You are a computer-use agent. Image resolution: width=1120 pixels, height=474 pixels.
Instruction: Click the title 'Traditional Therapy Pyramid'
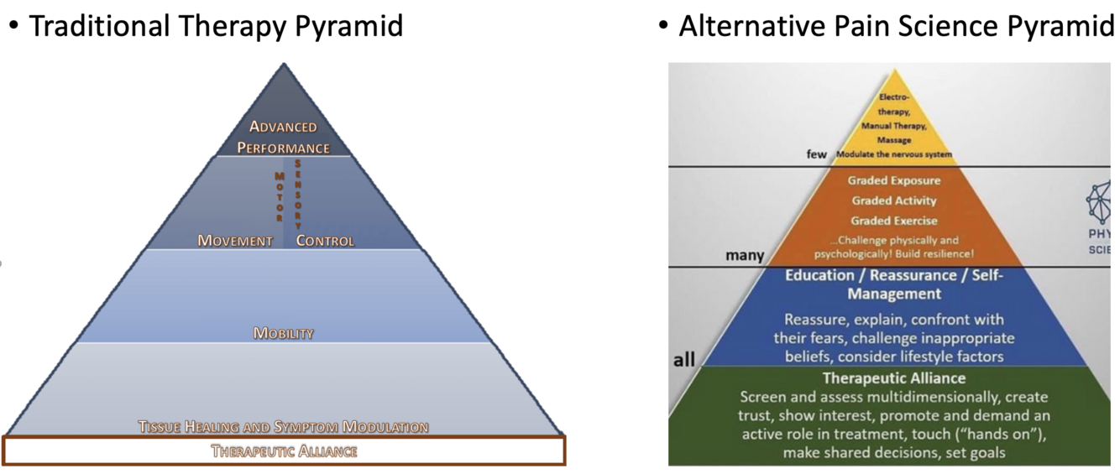click(216, 26)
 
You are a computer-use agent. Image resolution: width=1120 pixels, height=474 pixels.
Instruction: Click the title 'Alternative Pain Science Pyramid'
click(897, 26)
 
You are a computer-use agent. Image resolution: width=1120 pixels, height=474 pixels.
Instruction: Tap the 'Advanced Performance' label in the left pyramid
click(283, 138)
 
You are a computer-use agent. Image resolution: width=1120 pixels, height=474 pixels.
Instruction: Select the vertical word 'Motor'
click(280, 196)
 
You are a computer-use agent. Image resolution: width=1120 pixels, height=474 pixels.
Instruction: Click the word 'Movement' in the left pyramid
click(235, 241)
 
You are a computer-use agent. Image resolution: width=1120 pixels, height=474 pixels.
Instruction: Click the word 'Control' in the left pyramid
click(325, 241)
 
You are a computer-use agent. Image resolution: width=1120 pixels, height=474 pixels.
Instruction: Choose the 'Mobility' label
click(283, 333)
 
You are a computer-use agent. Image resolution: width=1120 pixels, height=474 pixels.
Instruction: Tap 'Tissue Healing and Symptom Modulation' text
click(283, 426)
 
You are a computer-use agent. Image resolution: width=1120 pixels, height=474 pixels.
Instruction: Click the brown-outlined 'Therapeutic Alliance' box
click(284, 451)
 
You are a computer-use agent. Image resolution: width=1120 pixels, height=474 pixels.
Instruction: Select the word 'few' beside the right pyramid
click(817, 154)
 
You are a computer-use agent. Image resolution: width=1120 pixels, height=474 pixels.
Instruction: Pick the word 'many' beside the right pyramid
click(745, 256)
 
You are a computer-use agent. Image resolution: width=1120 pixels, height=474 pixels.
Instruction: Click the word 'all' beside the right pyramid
click(684, 361)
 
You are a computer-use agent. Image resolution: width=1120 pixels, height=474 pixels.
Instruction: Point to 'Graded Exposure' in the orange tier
click(893, 180)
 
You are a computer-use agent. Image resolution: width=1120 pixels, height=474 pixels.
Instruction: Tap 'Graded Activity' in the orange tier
click(893, 201)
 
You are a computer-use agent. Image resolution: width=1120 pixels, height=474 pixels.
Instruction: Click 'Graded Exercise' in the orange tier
click(893, 221)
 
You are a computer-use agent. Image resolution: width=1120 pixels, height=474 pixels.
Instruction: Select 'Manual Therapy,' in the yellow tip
click(893, 126)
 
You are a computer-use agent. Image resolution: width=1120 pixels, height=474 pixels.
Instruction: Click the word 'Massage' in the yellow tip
click(893, 140)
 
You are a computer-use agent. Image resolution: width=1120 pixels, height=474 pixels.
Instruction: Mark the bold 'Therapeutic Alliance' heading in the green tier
click(893, 378)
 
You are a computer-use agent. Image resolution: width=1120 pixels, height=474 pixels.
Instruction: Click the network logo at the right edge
click(1102, 201)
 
